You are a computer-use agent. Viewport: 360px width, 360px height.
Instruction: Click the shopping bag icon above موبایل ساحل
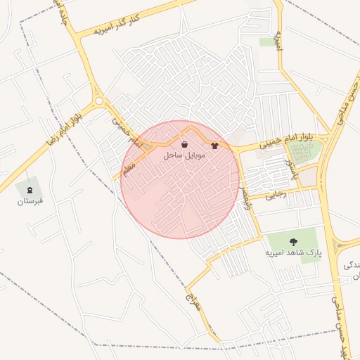[184, 145]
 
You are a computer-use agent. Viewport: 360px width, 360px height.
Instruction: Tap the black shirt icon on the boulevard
[214, 146]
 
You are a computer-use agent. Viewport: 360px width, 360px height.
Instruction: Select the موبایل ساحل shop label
[184, 155]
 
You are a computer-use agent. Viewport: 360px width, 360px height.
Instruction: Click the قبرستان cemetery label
[30, 201]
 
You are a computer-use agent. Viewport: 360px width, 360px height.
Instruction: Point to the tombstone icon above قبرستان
[30, 190]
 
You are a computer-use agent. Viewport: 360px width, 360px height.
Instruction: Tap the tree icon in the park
[293, 242]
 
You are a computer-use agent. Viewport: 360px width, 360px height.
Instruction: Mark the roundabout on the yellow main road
[99, 101]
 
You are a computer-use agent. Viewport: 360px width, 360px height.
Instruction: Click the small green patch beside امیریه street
[267, 42]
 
